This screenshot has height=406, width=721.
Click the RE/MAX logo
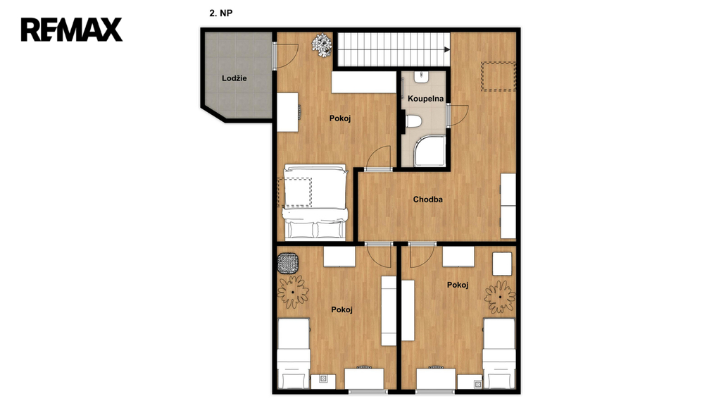[x=71, y=30]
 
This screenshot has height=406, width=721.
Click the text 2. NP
[x=220, y=13]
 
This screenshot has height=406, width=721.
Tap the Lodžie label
[x=234, y=78]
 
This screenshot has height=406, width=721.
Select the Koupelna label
[x=426, y=99]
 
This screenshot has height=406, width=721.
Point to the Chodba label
[x=427, y=199]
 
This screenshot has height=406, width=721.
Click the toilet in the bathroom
[x=413, y=121]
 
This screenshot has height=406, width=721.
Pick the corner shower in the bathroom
[x=430, y=151]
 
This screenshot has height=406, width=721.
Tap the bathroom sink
[x=421, y=78]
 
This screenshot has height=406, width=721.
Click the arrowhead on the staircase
[x=447, y=49]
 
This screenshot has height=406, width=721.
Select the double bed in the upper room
[x=315, y=202]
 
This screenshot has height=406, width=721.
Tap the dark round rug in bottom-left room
[x=288, y=264]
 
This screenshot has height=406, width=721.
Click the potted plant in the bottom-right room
[x=500, y=297]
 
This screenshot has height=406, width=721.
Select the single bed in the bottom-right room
[x=499, y=353]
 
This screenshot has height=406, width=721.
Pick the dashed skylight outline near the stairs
[x=499, y=76]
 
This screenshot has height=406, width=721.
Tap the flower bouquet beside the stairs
[x=322, y=45]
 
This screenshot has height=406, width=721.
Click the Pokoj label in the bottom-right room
[x=458, y=285]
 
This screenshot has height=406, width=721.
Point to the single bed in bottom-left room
[x=294, y=353]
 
